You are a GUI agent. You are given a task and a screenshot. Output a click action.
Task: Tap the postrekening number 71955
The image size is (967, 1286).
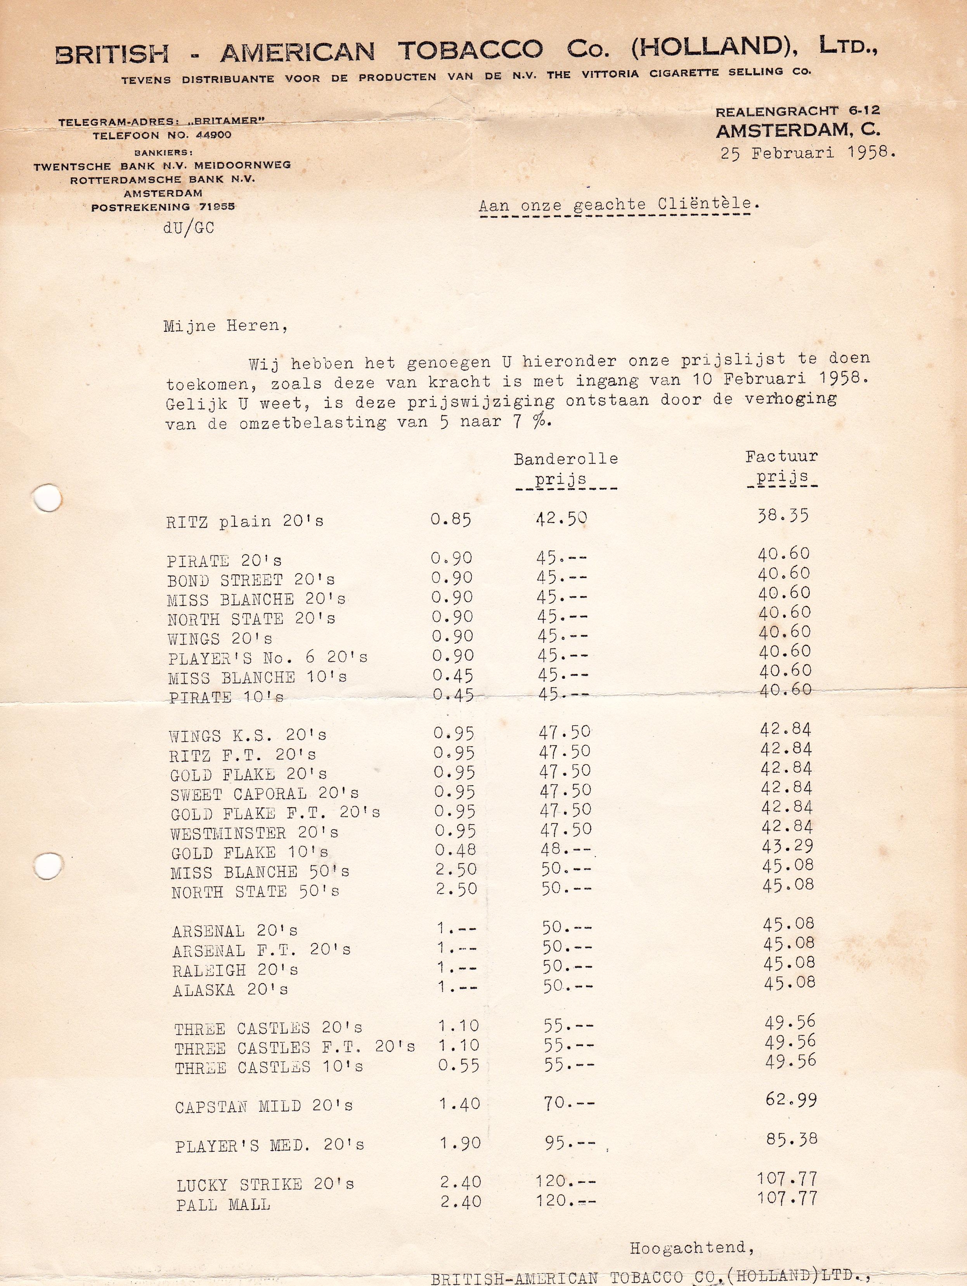click(217, 206)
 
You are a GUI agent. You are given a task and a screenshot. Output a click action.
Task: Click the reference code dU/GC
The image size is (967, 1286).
click(189, 228)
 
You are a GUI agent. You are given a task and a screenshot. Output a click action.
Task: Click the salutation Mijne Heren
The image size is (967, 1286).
click(225, 326)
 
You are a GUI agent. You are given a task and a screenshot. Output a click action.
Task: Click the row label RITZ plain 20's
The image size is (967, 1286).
click(245, 522)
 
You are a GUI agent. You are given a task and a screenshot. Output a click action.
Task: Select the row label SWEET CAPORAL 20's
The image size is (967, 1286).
click(265, 794)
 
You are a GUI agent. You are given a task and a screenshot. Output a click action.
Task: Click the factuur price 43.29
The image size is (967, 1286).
click(787, 846)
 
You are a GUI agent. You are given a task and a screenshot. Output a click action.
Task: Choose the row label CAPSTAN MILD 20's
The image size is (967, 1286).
click(264, 1106)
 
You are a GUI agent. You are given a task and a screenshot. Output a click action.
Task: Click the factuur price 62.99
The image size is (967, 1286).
click(790, 1099)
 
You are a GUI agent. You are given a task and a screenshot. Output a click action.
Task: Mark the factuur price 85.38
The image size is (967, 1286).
click(791, 1139)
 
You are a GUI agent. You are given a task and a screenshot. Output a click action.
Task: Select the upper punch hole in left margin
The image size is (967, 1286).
click(47, 497)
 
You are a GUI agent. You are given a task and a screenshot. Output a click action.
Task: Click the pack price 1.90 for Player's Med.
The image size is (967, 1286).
click(459, 1143)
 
